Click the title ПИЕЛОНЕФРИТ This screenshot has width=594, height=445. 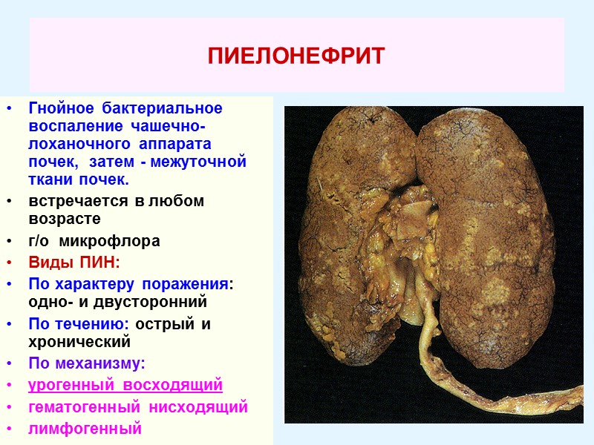[296, 56]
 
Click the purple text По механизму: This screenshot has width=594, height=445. [87, 363]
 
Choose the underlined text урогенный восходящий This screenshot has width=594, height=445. [125, 386]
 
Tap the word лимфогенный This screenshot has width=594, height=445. [85, 428]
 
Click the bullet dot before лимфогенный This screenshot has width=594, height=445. [9, 429]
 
